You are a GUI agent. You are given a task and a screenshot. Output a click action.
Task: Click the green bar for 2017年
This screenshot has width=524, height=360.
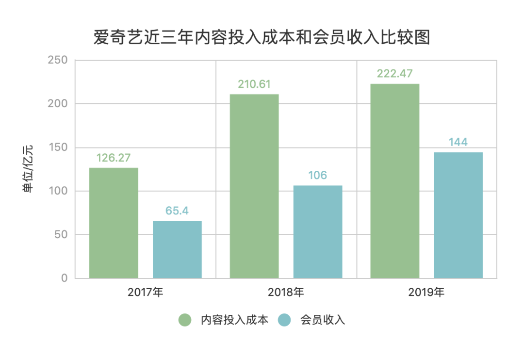[114, 223]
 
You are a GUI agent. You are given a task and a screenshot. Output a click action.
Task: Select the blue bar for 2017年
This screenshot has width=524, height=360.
[177, 249]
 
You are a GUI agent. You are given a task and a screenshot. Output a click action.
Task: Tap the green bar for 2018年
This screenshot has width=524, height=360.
[254, 186]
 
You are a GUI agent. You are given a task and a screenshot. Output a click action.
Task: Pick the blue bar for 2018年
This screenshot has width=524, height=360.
[318, 232]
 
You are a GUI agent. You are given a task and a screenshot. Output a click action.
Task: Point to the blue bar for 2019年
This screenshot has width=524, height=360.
[458, 215]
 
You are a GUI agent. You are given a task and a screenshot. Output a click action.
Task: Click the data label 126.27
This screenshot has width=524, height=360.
[114, 158]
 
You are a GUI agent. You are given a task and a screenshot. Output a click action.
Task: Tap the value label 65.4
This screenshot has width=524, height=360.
[177, 211]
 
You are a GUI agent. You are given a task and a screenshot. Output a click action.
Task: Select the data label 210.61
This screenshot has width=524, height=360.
[254, 84]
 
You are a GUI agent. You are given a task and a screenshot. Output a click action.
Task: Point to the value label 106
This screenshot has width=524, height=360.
[318, 176]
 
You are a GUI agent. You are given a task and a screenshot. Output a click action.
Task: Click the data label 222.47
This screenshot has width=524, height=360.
[395, 74]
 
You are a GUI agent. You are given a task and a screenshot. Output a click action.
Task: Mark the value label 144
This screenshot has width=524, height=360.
[458, 142]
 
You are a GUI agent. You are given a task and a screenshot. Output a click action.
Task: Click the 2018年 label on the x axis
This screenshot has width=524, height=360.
[286, 293]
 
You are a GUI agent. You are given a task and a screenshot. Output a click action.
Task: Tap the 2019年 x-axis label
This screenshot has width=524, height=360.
[426, 293]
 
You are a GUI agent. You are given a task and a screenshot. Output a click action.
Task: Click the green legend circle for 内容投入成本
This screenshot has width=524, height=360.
[185, 320]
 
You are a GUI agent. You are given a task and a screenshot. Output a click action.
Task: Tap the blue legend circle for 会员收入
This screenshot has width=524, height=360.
[285, 320]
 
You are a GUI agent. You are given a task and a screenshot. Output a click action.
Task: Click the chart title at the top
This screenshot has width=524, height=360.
[262, 37]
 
